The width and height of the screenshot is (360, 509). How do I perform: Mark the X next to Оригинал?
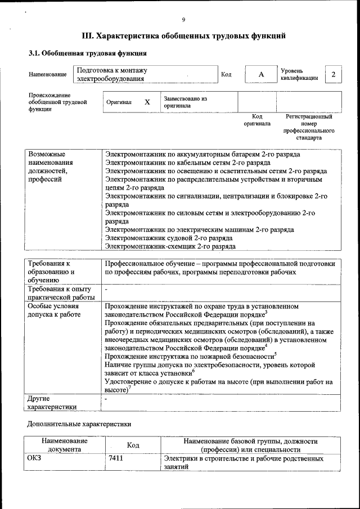click(x=147, y=102)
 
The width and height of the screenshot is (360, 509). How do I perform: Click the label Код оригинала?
click(x=256, y=120)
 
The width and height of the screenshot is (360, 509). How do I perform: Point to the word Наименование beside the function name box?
click(x=47, y=75)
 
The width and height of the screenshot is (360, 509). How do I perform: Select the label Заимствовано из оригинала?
click(x=186, y=102)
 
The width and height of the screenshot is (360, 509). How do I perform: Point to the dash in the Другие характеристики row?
click(x=106, y=398)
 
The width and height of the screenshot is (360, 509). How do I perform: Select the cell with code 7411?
click(x=116, y=459)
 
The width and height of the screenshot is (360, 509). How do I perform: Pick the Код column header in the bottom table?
click(x=133, y=445)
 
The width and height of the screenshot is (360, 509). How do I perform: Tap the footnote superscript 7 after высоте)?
click(x=129, y=388)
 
